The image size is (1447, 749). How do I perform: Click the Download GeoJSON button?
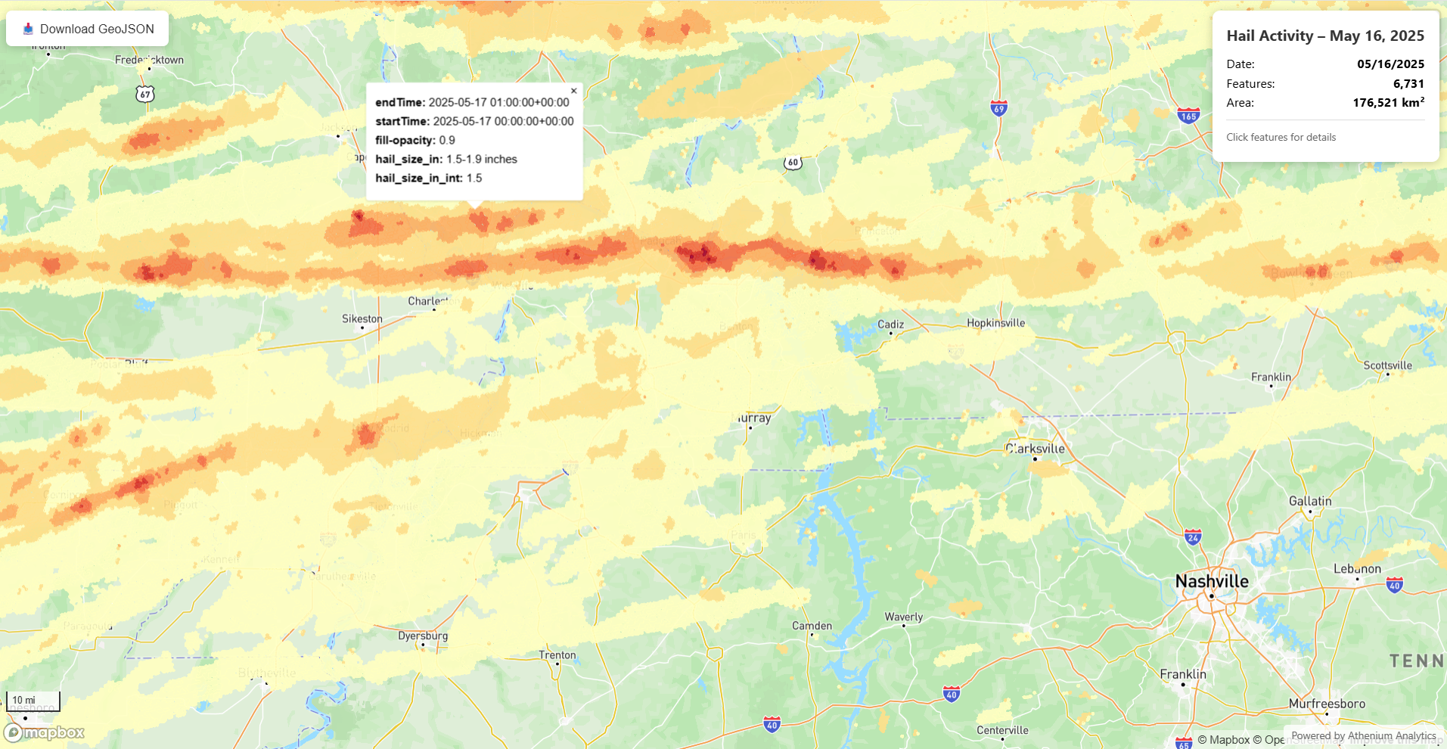(88, 29)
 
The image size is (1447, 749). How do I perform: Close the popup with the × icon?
(573, 91)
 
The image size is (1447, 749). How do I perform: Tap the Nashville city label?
(1212, 581)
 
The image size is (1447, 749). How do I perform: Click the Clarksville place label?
(1036, 449)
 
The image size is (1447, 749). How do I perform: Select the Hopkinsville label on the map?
(995, 323)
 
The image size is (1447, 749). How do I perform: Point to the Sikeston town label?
(362, 319)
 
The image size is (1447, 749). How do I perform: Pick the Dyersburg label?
(423, 636)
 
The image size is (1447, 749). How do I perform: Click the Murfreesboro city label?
(1327, 704)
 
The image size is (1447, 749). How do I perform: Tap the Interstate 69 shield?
(998, 108)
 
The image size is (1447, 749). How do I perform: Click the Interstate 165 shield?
(1188, 116)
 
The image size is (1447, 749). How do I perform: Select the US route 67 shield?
(145, 94)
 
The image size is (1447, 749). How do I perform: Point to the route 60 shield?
(793, 162)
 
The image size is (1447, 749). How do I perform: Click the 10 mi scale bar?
(33, 701)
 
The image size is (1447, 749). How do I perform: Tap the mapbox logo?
(45, 732)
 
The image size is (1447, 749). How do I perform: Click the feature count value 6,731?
(1408, 84)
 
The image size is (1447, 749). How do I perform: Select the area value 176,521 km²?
(1388, 103)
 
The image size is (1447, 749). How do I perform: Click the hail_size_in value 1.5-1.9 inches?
(482, 160)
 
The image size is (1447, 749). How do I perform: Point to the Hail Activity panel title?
(1324, 36)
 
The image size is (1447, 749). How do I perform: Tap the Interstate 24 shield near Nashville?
(1193, 538)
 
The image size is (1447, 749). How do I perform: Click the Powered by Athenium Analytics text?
(1363, 735)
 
